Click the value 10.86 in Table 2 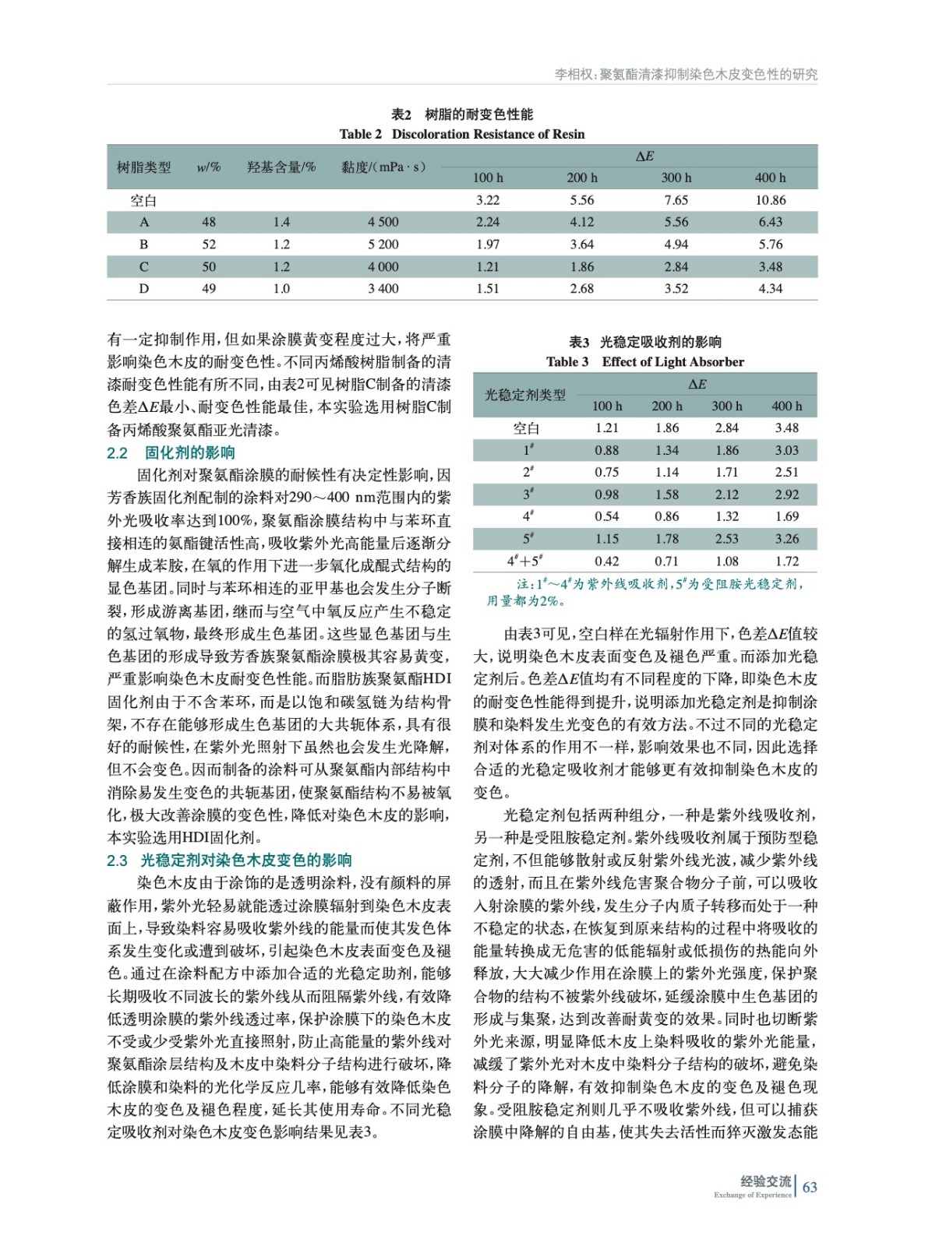[x=770, y=200]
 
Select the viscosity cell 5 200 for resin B [x=383, y=245]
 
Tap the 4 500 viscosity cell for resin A [x=383, y=222]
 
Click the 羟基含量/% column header [x=281, y=167]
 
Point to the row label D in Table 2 [x=144, y=289]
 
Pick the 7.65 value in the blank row [x=676, y=200]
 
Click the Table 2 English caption [x=462, y=134]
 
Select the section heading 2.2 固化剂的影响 [x=171, y=452]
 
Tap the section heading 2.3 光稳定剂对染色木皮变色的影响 [x=229, y=860]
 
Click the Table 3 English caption [x=645, y=361]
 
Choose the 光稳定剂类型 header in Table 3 [x=525, y=395]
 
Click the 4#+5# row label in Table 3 [x=526, y=561]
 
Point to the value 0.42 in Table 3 [x=606, y=561]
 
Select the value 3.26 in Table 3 [x=786, y=539]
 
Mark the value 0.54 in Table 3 [x=606, y=516]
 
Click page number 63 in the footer [x=810, y=1187]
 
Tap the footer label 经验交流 [x=765, y=1181]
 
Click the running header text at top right [x=686, y=75]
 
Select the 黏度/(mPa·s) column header [x=383, y=167]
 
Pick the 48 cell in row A [x=209, y=222]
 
